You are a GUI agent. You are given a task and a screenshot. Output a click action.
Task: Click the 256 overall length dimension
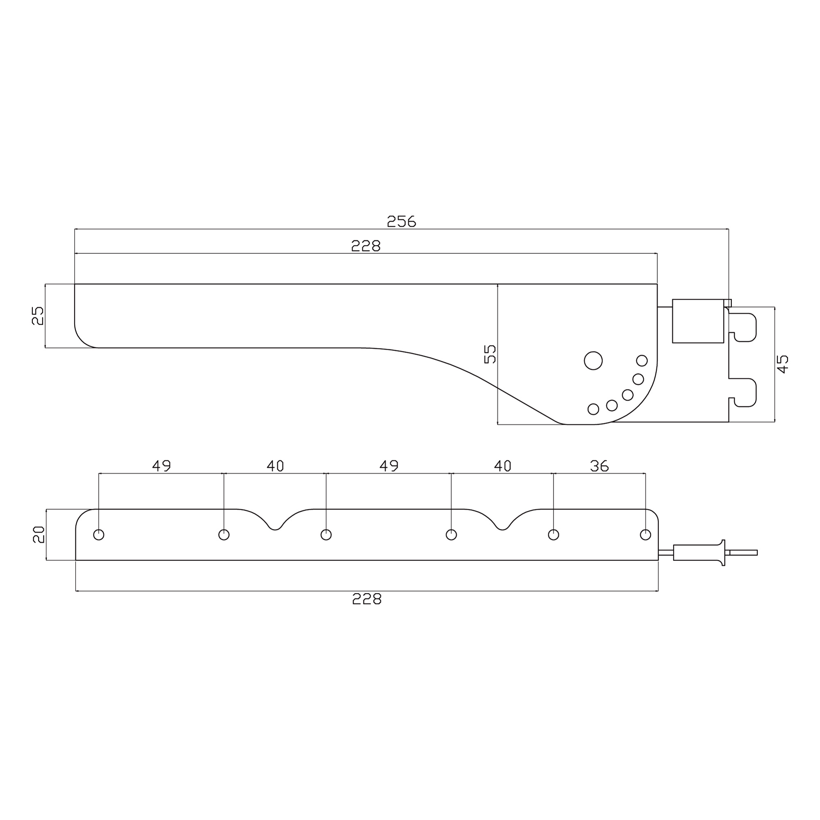(x=401, y=221)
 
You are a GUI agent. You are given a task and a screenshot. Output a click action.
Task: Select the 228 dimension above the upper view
(x=366, y=246)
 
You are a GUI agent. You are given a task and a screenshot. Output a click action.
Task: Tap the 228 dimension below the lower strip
(x=367, y=599)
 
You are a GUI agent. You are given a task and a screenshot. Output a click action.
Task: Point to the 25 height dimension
(x=38, y=315)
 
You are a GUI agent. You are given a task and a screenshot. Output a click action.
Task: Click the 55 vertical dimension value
(x=490, y=354)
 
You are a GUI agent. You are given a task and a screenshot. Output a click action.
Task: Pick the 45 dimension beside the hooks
(x=783, y=364)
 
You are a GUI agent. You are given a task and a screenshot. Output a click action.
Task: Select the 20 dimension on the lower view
(x=39, y=534)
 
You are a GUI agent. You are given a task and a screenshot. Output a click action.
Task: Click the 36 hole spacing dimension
(x=599, y=466)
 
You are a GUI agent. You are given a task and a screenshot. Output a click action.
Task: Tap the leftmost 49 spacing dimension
(x=161, y=466)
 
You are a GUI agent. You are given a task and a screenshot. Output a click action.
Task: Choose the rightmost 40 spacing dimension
(x=503, y=466)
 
